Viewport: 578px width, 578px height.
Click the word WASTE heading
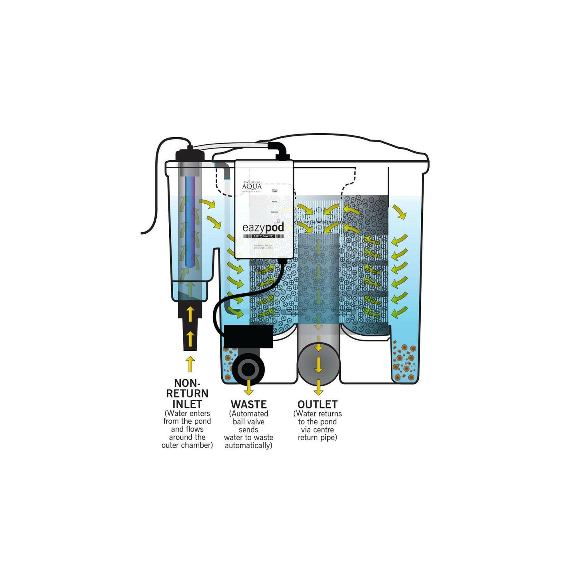click(248, 404)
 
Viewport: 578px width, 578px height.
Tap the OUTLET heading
click(317, 404)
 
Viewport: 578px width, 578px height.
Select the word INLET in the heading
click(187, 404)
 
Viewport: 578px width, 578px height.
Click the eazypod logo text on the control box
click(263, 228)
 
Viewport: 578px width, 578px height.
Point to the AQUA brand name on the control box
click(252, 186)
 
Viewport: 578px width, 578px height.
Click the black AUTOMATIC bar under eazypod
click(263, 236)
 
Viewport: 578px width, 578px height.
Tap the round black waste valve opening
click(248, 368)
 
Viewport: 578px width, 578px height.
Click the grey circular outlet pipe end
click(318, 364)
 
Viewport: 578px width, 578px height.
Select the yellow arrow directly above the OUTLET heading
click(318, 387)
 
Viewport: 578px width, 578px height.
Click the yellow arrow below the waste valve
click(248, 387)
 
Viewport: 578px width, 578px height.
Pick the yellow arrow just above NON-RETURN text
click(190, 364)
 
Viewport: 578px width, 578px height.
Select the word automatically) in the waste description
click(248, 446)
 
